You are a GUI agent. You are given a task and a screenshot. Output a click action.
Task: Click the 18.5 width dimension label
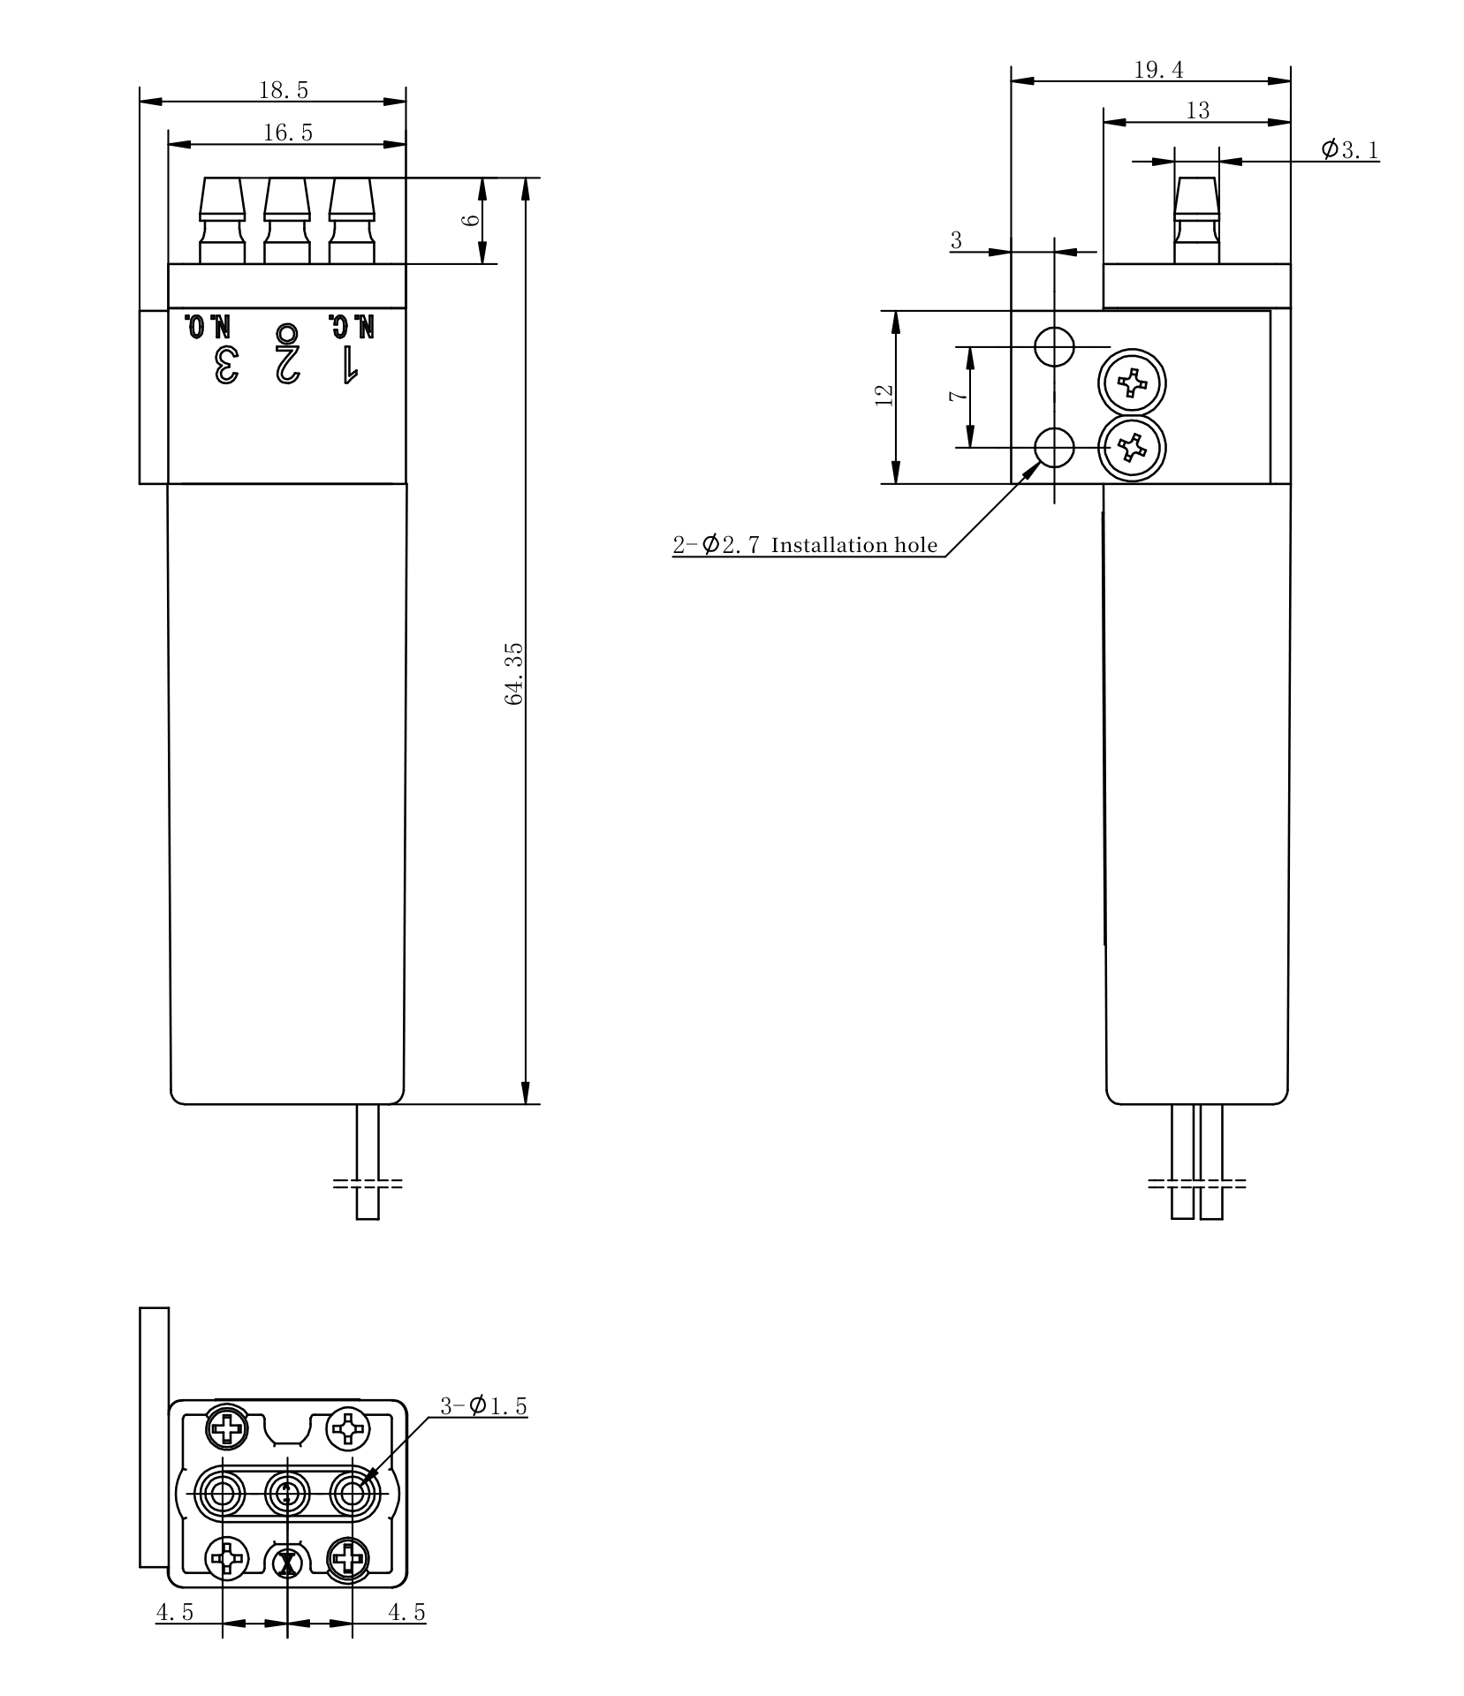point(283,89)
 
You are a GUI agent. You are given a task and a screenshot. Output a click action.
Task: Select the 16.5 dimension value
point(288,132)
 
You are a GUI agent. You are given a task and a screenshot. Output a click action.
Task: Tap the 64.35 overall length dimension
point(515,673)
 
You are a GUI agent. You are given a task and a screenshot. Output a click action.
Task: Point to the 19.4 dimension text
point(1158,70)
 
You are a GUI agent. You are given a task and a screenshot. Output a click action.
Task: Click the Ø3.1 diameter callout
point(1349,149)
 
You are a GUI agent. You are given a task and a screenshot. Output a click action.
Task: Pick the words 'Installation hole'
point(853,545)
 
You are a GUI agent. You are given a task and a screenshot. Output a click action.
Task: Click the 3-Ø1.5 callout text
point(483,1404)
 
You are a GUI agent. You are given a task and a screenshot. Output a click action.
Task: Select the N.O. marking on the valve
point(208,326)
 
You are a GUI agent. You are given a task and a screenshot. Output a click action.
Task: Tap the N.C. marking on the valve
point(352,326)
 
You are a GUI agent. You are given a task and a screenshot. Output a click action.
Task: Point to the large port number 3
point(226,364)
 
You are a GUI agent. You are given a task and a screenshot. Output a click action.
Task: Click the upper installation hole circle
point(1054,346)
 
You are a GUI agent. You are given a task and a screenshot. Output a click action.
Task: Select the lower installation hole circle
point(1054,448)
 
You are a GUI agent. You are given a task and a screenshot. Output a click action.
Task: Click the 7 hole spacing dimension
point(957,397)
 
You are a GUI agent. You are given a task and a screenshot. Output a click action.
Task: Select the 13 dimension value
point(1197,110)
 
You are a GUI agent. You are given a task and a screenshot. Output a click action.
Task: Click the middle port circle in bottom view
point(288,1494)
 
